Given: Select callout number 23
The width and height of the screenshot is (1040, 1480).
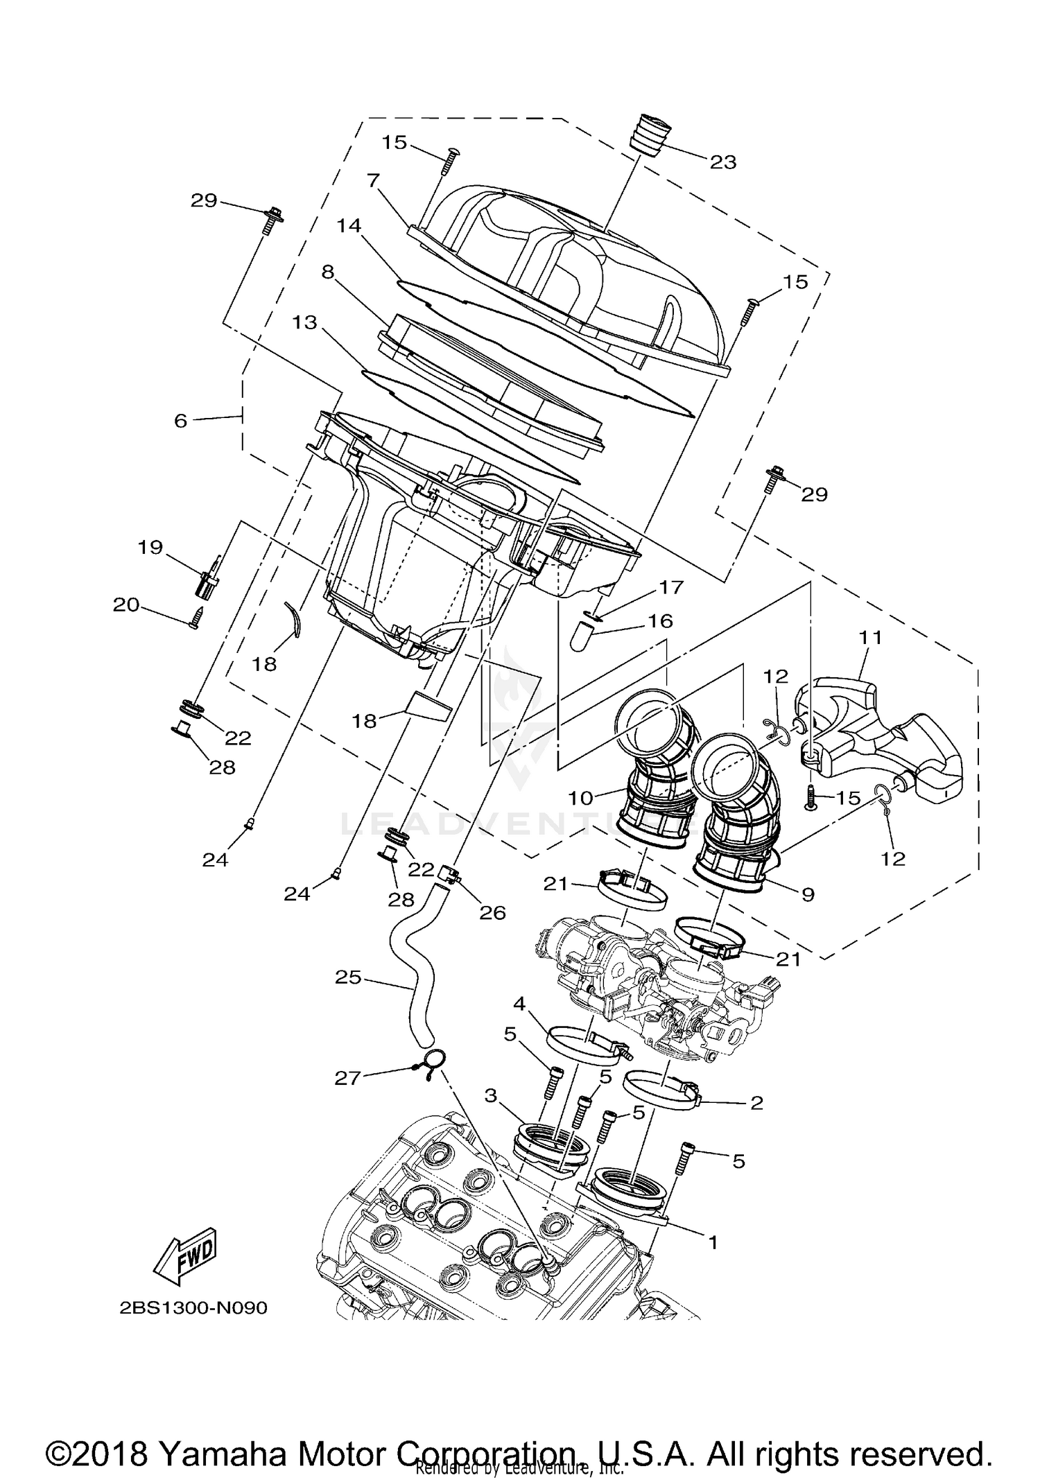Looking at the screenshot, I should click(722, 162).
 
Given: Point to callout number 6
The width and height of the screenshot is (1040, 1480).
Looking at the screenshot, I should click(181, 421).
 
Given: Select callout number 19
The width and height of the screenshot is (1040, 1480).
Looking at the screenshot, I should click(150, 548).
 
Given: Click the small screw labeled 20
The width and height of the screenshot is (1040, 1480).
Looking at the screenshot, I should click(196, 617).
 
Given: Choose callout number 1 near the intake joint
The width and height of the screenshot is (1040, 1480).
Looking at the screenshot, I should click(713, 1243).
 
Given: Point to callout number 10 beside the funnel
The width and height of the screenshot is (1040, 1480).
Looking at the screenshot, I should click(581, 798).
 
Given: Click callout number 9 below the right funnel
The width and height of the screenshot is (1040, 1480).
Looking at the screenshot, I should click(807, 895).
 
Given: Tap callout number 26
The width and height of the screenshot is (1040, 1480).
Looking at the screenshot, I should click(492, 913).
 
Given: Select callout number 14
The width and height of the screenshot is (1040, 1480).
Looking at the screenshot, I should click(350, 226).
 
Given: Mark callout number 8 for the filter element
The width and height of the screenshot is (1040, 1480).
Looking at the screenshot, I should click(327, 272).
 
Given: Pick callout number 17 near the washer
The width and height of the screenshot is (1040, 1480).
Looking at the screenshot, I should click(671, 587).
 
